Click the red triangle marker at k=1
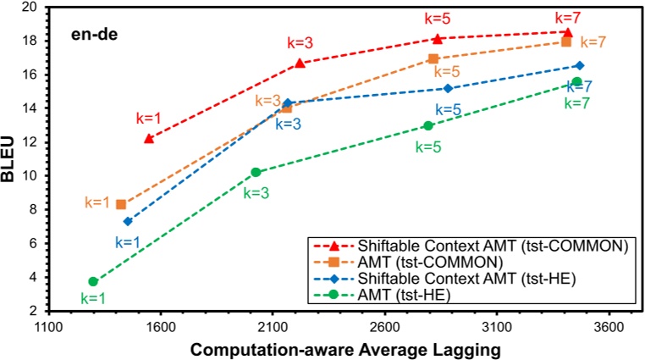149,138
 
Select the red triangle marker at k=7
567,32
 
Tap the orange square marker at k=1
121,204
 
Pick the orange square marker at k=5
433,58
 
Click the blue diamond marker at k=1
128,221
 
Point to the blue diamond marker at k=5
448,88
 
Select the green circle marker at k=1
93,281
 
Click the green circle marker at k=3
256,172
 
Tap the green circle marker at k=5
428,125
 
